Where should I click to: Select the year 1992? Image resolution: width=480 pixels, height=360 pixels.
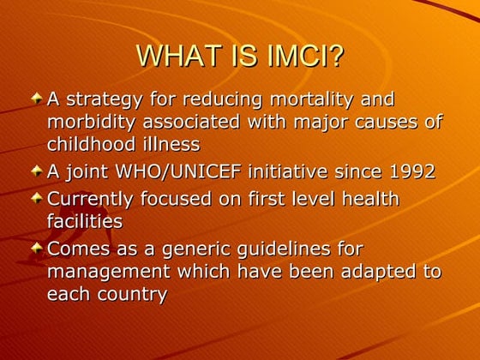click(x=405, y=172)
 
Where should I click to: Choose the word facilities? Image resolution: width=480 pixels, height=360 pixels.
click(x=85, y=220)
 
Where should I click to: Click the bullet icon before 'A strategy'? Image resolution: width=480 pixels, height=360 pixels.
click(x=37, y=100)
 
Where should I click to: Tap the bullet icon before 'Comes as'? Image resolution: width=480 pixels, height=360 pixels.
click(x=37, y=248)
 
